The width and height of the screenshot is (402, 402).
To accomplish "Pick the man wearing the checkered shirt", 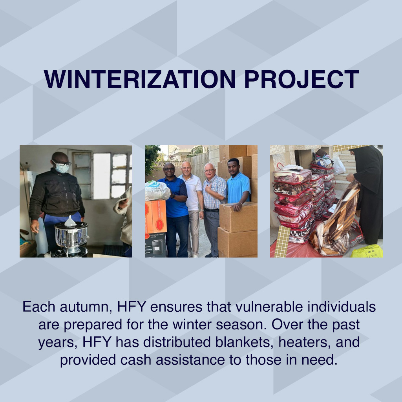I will coord(214,204).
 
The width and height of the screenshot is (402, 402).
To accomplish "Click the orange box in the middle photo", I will coord(156,217).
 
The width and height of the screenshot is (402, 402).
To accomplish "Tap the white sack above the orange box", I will coord(157,191).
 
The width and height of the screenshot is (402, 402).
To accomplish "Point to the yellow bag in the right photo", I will coord(367,251).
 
